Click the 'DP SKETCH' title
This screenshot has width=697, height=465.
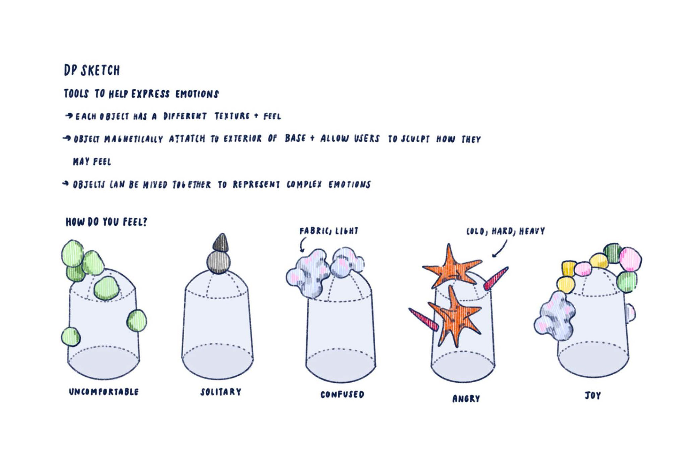(92, 70)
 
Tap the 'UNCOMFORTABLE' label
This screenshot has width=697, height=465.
(104, 392)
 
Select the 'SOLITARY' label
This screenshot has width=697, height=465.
(221, 392)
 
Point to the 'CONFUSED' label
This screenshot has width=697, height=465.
(342, 394)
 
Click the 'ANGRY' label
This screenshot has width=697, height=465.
(466, 398)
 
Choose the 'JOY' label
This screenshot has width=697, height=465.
(592, 395)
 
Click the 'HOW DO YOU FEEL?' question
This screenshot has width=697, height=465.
(106, 222)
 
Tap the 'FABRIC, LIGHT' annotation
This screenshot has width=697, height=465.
(329, 231)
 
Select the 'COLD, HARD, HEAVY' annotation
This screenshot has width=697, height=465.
(505, 231)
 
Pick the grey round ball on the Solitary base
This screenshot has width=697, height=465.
(219, 262)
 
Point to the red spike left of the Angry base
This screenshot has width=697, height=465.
(423, 319)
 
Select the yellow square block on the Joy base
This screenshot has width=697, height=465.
(569, 269)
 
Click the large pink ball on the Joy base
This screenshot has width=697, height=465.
(630, 259)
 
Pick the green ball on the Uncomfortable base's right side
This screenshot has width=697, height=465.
(137, 321)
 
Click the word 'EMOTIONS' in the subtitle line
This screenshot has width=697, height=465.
(197, 94)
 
